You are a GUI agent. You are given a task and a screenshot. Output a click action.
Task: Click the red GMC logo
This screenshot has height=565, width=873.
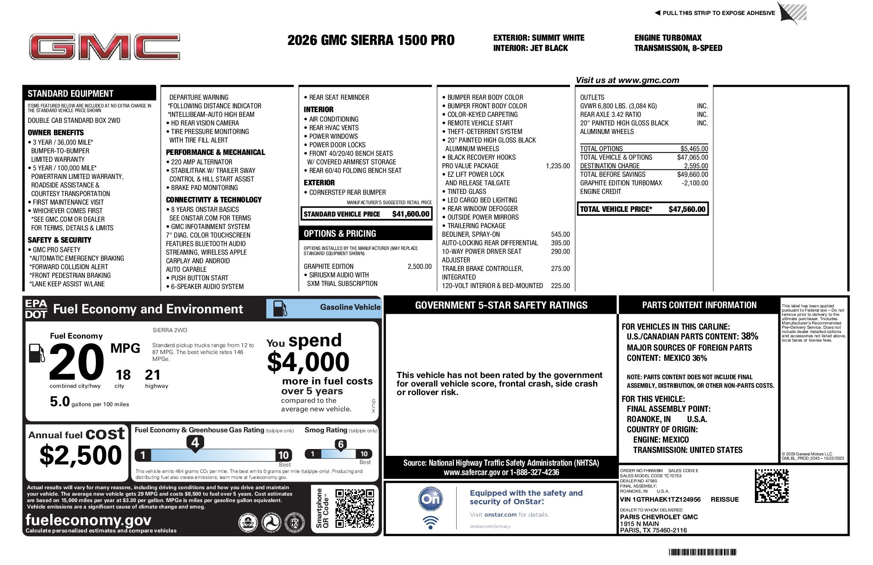[104, 47]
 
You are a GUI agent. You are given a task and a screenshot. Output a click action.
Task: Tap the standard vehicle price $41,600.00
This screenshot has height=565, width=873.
[410, 214]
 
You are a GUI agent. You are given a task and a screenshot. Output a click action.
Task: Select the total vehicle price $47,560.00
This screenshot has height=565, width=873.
[686, 209]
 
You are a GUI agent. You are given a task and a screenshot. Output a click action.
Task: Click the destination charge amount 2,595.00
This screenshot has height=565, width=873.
[696, 166]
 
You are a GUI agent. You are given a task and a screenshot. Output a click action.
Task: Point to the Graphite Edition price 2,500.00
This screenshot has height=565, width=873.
[419, 267]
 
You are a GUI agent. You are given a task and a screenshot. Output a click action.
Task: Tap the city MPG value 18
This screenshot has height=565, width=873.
[123, 375]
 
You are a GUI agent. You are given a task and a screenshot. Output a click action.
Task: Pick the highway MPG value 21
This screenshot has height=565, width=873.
[153, 375]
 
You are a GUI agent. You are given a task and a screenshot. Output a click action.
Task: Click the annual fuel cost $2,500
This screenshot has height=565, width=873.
[80, 455]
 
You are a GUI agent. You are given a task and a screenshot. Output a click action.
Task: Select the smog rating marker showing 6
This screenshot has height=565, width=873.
[341, 444]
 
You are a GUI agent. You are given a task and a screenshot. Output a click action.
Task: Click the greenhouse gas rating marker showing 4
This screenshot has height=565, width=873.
[195, 442]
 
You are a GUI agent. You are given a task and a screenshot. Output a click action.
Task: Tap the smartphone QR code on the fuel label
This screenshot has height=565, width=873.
[354, 508]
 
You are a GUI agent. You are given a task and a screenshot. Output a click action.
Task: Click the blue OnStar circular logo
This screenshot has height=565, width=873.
[430, 499]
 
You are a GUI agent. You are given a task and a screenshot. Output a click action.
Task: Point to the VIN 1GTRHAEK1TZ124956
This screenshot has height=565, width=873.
[660, 500]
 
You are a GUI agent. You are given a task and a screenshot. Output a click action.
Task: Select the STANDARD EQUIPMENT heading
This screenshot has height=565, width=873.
[71, 94]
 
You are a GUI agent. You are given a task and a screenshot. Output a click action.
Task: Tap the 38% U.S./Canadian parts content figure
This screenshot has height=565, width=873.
[749, 336]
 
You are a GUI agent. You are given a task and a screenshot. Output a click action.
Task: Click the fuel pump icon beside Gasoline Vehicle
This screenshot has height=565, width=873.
[280, 308]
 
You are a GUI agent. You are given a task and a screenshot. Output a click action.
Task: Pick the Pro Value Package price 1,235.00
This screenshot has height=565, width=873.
[558, 166]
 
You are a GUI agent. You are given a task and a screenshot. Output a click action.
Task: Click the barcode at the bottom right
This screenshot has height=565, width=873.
[702, 552]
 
